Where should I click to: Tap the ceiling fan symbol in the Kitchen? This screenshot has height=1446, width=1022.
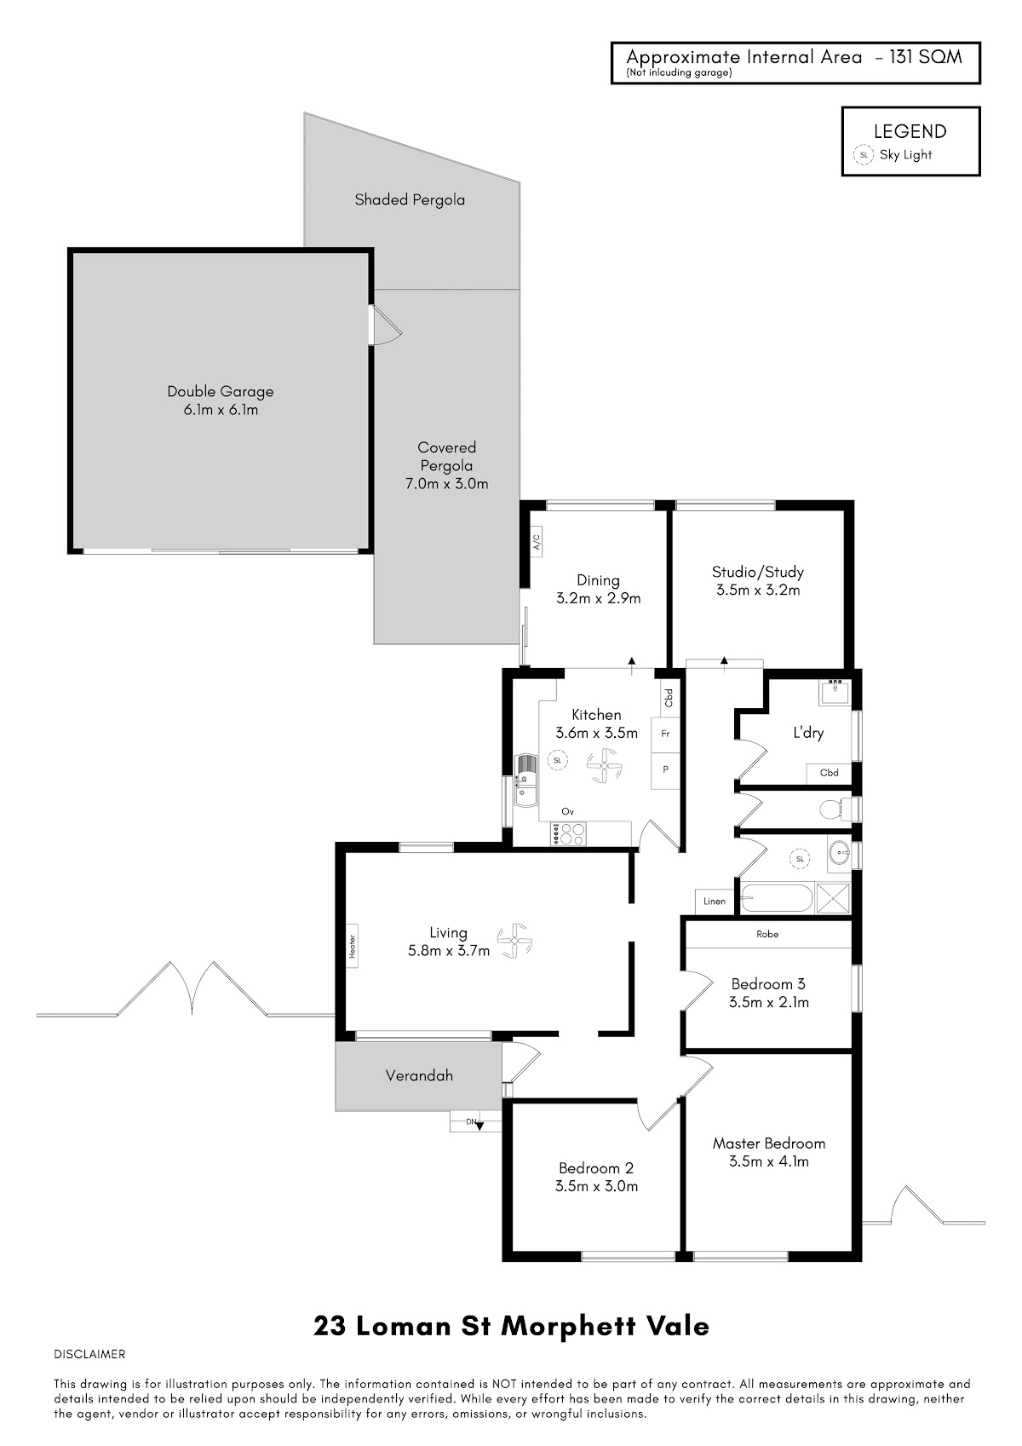(604, 766)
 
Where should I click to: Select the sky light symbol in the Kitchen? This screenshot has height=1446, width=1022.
(558, 760)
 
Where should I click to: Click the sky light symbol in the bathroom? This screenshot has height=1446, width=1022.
(800, 859)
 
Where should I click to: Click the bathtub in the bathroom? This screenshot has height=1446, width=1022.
(776, 898)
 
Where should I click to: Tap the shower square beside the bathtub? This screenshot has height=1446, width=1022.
(833, 898)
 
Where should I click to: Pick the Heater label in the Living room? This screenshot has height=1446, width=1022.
(353, 946)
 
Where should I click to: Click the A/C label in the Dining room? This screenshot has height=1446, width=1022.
(537, 541)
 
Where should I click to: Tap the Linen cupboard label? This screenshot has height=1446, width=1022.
(715, 902)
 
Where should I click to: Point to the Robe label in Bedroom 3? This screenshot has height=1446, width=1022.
(767, 933)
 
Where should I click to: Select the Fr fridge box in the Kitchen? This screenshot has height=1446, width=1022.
(665, 734)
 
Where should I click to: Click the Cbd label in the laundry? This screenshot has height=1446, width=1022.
(829, 772)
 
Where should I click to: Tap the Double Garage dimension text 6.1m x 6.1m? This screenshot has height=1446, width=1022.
(221, 409)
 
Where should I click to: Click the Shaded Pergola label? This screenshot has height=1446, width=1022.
(410, 199)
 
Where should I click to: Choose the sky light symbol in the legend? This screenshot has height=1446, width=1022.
(864, 155)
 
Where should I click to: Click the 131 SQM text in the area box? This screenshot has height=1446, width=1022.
(925, 57)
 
